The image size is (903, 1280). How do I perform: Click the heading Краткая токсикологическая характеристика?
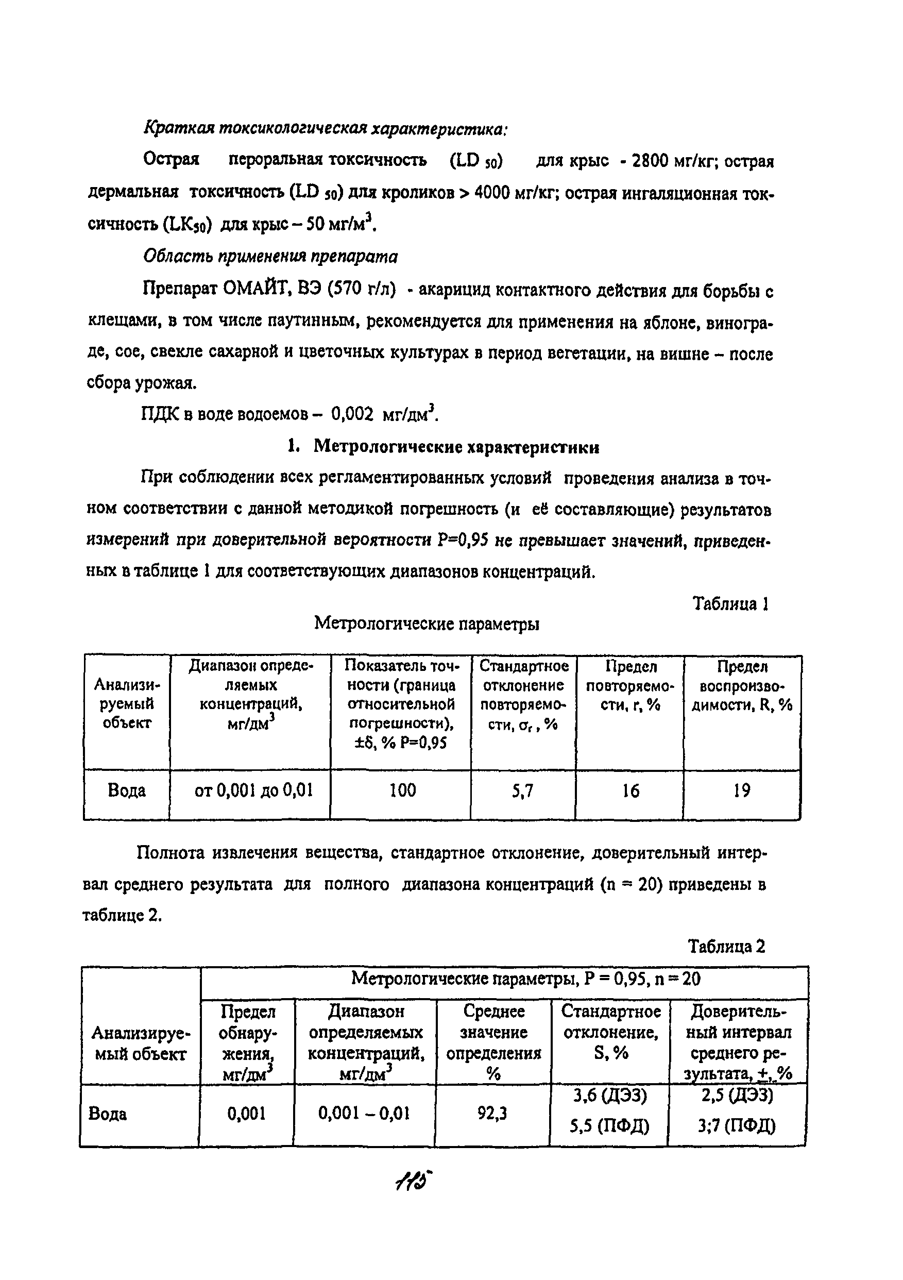coord(326,129)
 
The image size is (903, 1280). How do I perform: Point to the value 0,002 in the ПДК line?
coord(352,414)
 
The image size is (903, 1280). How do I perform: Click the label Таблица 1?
coord(730,604)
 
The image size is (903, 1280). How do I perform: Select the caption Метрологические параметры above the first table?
coord(427,624)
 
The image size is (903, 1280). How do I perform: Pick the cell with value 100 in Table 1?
coord(402,790)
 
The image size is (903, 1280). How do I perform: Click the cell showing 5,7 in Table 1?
coord(523,790)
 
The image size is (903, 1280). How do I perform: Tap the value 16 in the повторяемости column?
coord(631,790)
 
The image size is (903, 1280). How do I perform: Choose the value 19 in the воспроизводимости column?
coord(741,790)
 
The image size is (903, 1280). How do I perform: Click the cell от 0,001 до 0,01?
coord(253,790)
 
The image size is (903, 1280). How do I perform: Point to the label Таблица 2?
coord(726,946)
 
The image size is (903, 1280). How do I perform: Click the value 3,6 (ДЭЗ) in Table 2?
coord(610,1096)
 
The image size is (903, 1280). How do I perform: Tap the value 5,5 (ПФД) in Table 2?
coord(609,1126)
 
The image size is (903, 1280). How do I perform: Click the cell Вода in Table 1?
coord(127,790)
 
